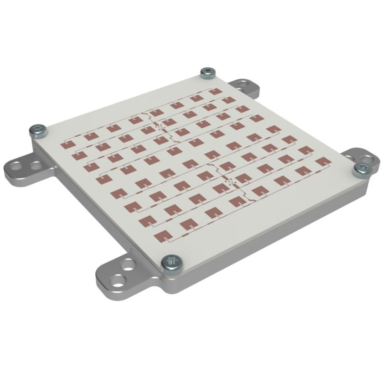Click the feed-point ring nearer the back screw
159,127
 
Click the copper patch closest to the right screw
323,162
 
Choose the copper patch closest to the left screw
67,145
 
